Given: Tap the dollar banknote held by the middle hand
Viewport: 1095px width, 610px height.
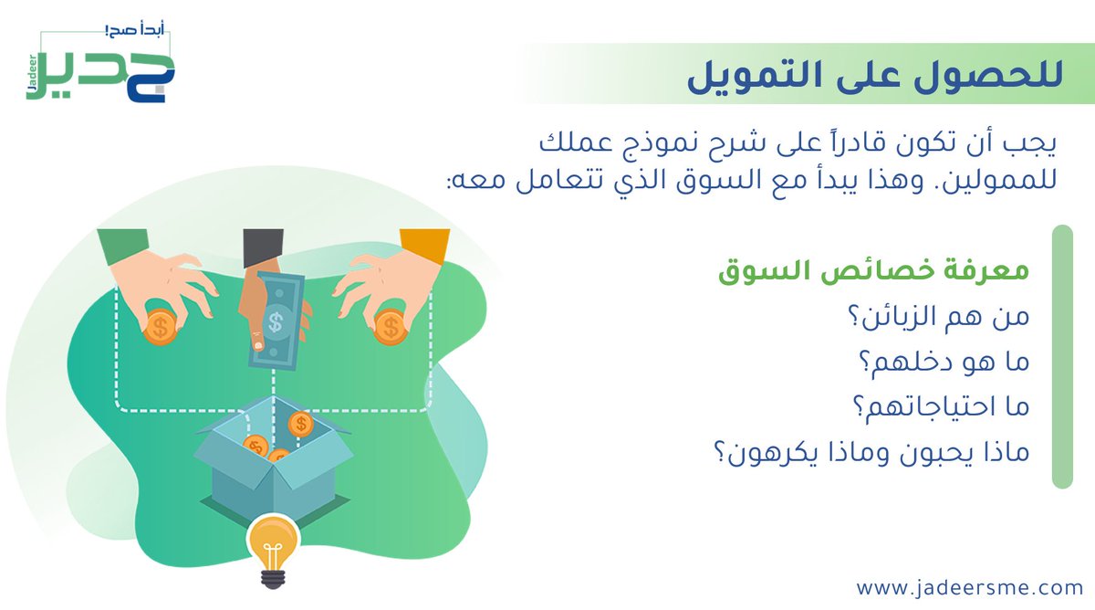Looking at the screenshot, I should coord(279,320).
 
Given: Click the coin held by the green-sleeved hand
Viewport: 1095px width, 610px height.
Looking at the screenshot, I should coord(161,327).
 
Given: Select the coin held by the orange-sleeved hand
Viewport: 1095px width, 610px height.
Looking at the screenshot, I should coord(391,326).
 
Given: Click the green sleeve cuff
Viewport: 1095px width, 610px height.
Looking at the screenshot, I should coord(122,244).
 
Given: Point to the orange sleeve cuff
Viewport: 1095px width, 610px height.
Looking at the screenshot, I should coord(425,245).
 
